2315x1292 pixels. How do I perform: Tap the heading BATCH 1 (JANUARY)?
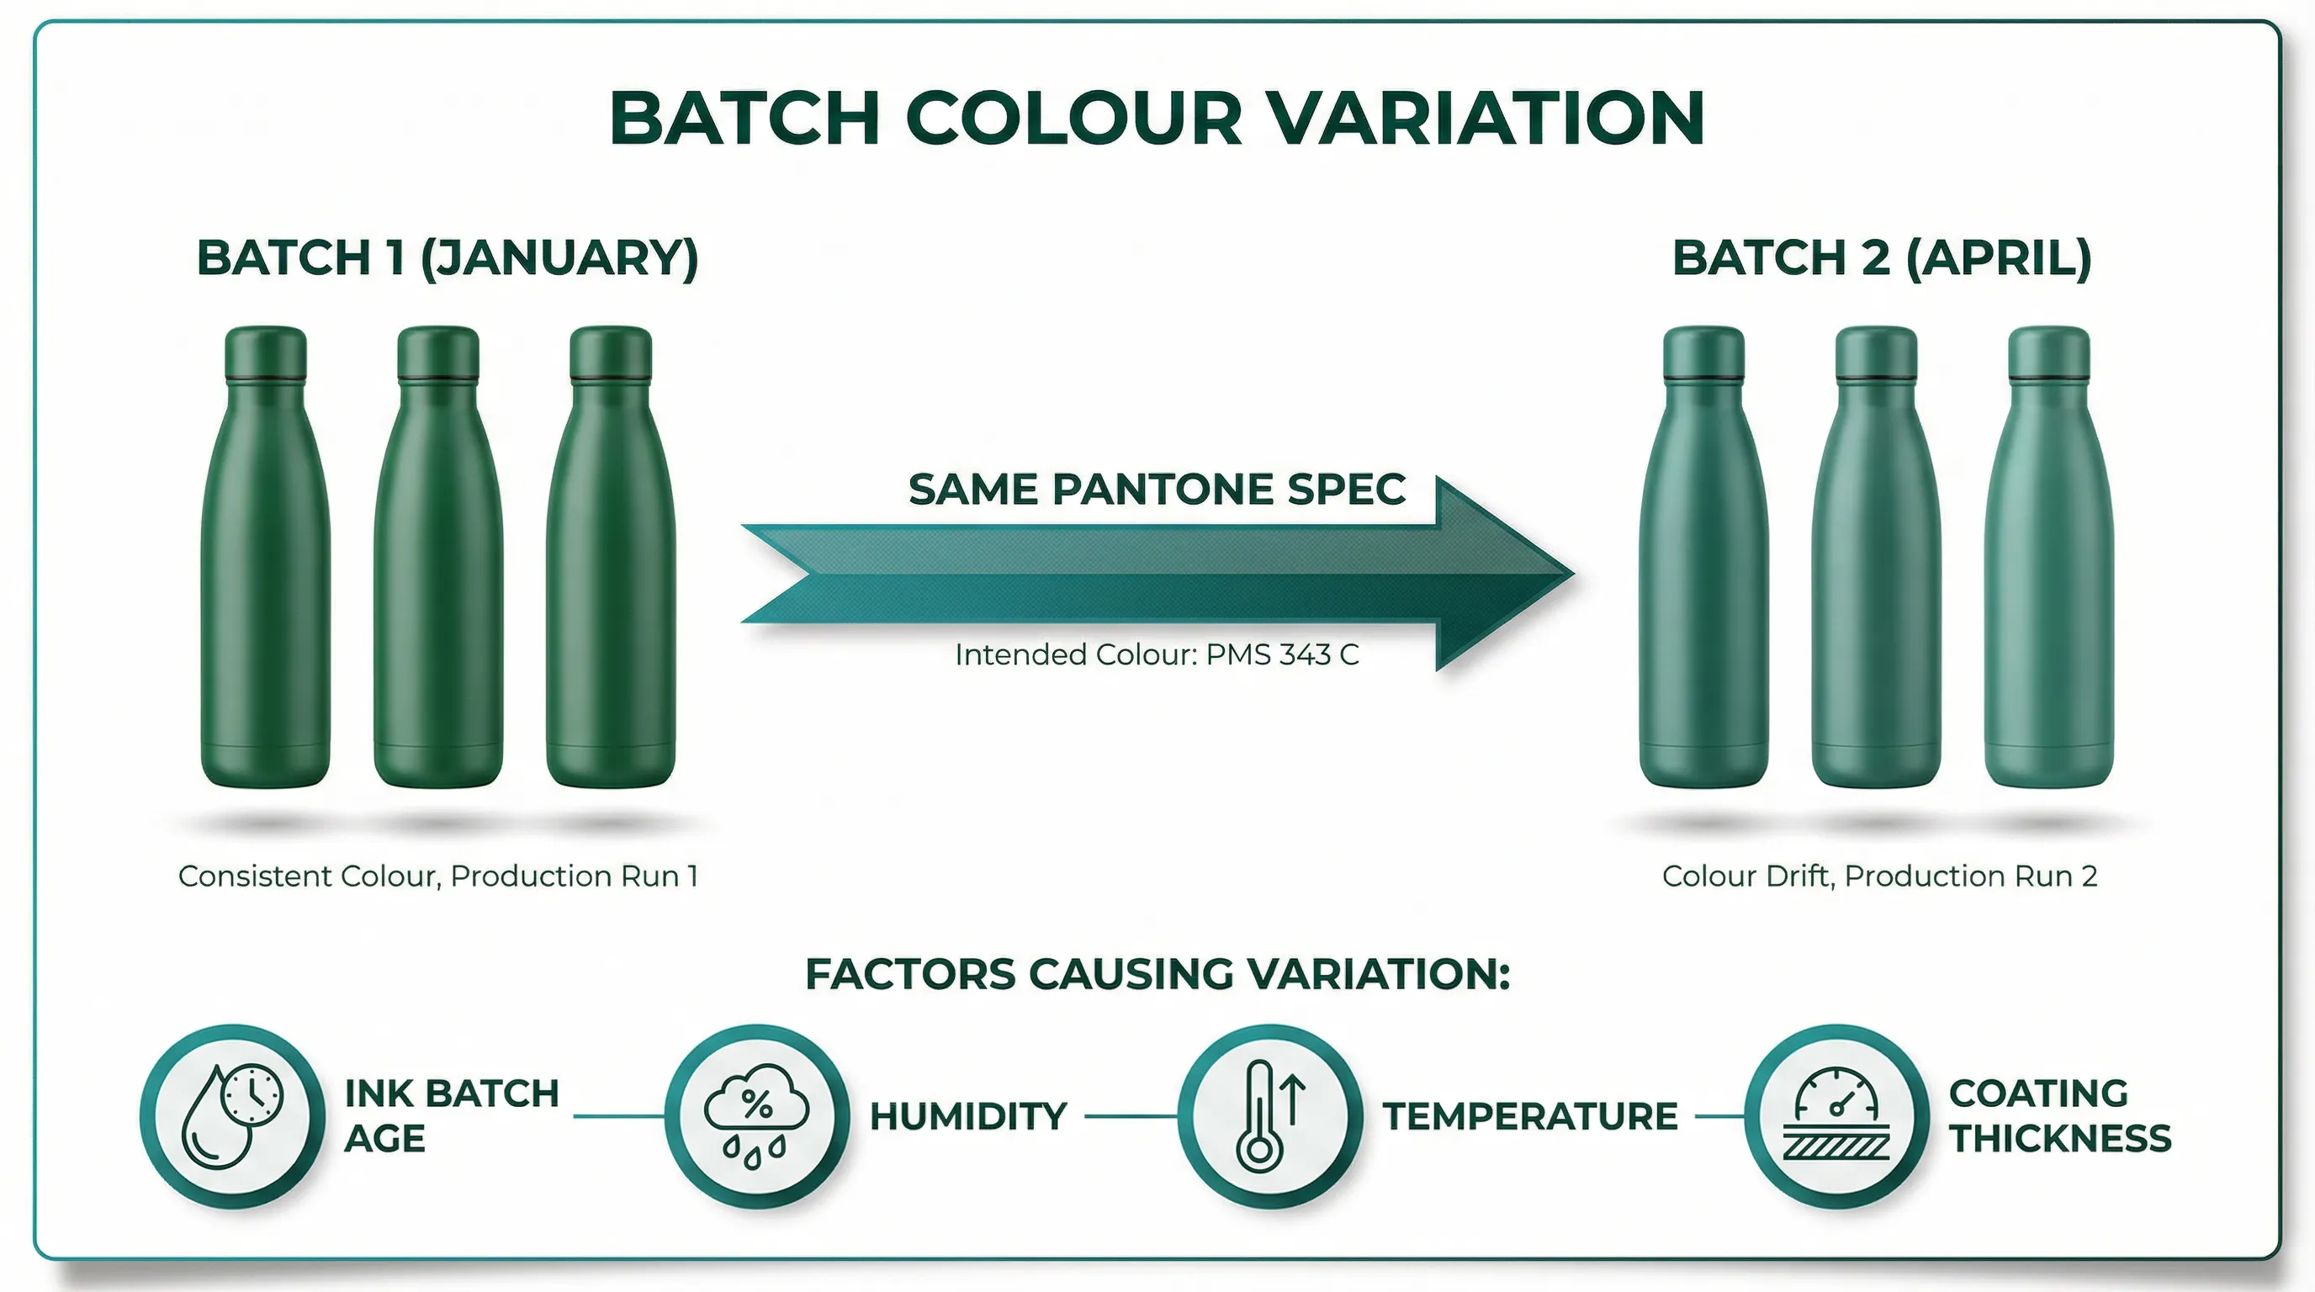pyautogui.click(x=447, y=258)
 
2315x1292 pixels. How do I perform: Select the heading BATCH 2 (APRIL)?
pyautogui.click(x=1881, y=258)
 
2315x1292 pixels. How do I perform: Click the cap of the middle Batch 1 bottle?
pyautogui.click(x=437, y=352)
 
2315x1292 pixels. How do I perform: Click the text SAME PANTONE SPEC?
pyautogui.click(x=1157, y=490)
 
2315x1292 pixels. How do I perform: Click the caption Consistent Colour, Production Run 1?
pyautogui.click(x=437, y=876)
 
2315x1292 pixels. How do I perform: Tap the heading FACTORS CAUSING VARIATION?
pyautogui.click(x=1157, y=974)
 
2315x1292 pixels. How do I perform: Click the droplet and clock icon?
pyautogui.click(x=233, y=1116)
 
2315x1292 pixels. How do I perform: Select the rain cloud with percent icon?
pyautogui.click(x=757, y=1116)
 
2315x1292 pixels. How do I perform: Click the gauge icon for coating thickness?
pyautogui.click(x=1836, y=1116)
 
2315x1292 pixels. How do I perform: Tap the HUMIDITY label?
pyautogui.click(x=968, y=1117)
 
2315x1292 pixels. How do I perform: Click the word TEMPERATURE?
pyautogui.click(x=1529, y=1117)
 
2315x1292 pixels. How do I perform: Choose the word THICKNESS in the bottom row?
pyautogui.click(x=2060, y=1139)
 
